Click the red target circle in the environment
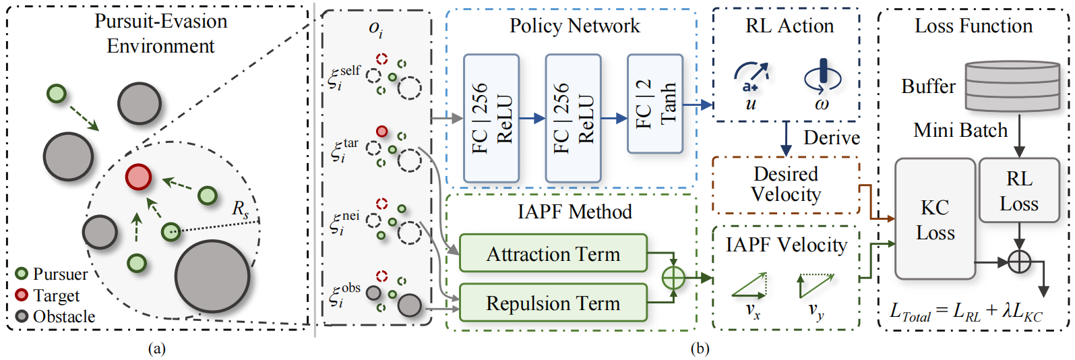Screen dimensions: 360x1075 [138, 177]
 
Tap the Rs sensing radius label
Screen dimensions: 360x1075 [241, 209]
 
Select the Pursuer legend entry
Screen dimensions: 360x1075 [52, 274]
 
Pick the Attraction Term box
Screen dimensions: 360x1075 [553, 253]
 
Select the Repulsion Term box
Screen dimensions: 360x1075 [553, 303]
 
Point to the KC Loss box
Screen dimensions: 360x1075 [935, 219]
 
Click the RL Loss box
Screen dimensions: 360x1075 [1019, 191]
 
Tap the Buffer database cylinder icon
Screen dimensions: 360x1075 [1012, 86]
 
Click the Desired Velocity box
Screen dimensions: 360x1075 [786, 185]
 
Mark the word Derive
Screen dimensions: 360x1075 [832, 138]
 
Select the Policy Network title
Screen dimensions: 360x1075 [574, 26]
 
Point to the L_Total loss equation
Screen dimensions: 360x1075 [966, 312]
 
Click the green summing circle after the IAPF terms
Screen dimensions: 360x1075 [673, 277]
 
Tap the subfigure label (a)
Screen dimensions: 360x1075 [156, 349]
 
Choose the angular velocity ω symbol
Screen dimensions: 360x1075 [822, 104]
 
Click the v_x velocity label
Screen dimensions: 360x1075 [752, 311]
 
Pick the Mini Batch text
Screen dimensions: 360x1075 [960, 130]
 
